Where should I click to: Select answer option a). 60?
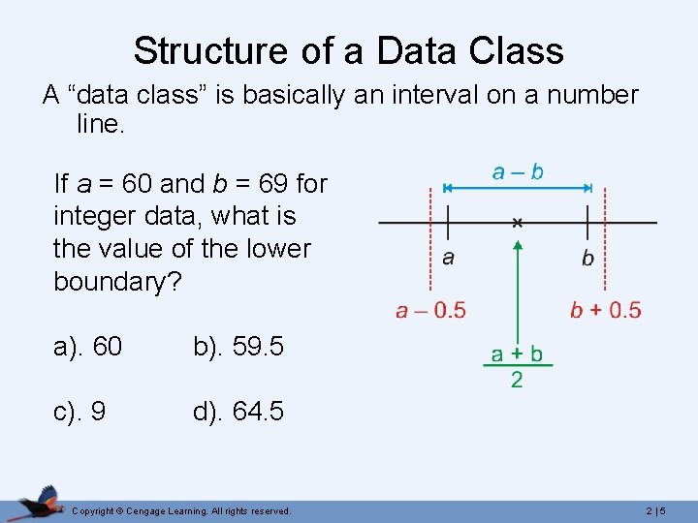click(x=88, y=347)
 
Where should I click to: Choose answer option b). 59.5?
click(x=238, y=347)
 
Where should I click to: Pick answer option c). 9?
click(x=80, y=411)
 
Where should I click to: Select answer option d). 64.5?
click(x=238, y=411)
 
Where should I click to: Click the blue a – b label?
click(x=518, y=172)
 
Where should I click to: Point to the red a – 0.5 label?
click(x=430, y=310)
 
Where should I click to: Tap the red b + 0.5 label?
click(x=605, y=310)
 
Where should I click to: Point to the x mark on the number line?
click(x=518, y=223)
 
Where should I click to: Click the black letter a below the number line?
click(x=448, y=258)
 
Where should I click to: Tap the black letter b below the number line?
click(x=587, y=258)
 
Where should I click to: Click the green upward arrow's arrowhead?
click(x=518, y=248)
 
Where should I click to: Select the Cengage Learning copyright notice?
click(x=181, y=510)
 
